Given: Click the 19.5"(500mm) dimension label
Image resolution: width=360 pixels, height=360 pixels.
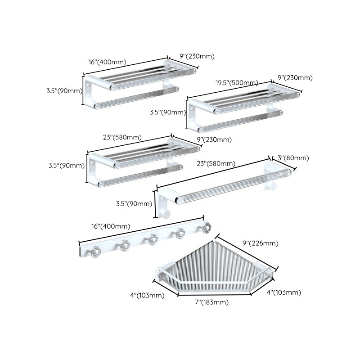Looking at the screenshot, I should coord(236,83).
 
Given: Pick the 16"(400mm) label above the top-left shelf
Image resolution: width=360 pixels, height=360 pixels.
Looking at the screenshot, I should coord(107,62).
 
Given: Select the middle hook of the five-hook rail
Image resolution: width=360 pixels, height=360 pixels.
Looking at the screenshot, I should coord(153,240).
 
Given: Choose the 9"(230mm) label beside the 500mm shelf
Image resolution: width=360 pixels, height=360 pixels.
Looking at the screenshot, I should coord(295,78).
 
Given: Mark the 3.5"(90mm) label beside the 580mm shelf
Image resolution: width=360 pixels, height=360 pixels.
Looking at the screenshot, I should coord(66,165).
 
